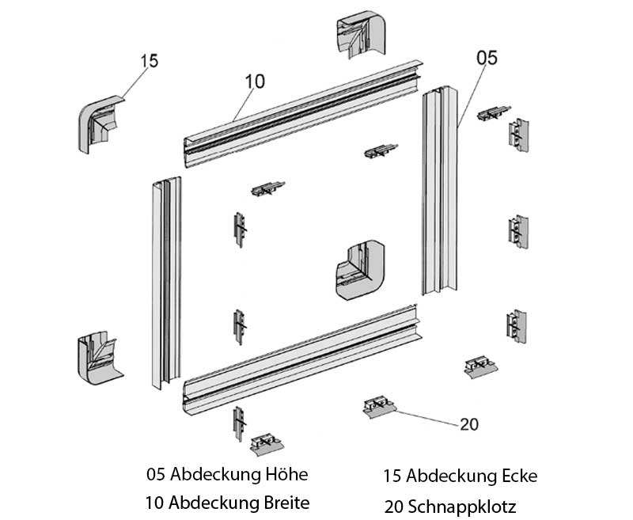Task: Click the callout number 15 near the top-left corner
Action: [x=150, y=61]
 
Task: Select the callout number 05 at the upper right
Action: [x=487, y=56]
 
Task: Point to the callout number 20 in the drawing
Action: [x=469, y=424]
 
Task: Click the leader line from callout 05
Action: [x=471, y=95]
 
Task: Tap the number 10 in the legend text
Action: [x=155, y=503]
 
